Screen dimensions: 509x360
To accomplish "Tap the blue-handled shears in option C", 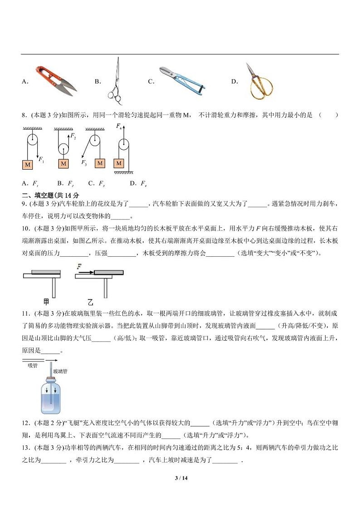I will tap(181, 80).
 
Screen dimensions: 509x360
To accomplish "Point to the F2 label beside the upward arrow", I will tap(72, 137).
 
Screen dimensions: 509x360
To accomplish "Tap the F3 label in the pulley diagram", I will tap(84, 162).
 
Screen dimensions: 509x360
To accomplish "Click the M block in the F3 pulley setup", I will tap(100, 163).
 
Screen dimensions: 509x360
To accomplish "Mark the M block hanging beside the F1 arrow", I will tap(28, 164).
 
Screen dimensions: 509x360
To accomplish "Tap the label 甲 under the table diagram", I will tap(46, 302).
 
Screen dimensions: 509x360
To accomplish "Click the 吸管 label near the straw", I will tap(33, 365).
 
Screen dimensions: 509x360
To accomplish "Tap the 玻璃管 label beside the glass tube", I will tap(60, 371).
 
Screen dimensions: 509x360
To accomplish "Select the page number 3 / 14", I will tap(180, 478).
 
